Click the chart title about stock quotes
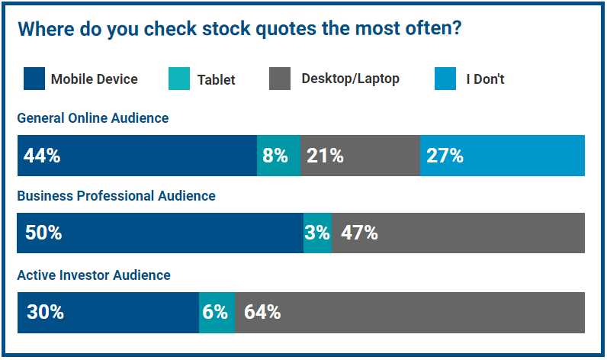tap(239, 29)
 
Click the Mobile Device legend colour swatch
tap(34, 79)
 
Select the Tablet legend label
tap(216, 79)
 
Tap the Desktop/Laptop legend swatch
tap(281, 79)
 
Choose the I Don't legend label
tap(485, 79)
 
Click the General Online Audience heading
tap(92, 118)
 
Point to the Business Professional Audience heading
tap(116, 196)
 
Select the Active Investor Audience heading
tap(94, 275)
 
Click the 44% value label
tap(42, 156)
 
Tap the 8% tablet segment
tap(278, 156)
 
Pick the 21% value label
tap(325, 156)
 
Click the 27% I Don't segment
tap(503, 156)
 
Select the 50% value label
tap(43, 233)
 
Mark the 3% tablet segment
tap(317, 233)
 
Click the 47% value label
tap(359, 233)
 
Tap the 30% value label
tap(45, 312)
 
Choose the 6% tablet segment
tap(216, 312)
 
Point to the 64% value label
tap(262, 312)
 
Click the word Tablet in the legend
tap(216, 79)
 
